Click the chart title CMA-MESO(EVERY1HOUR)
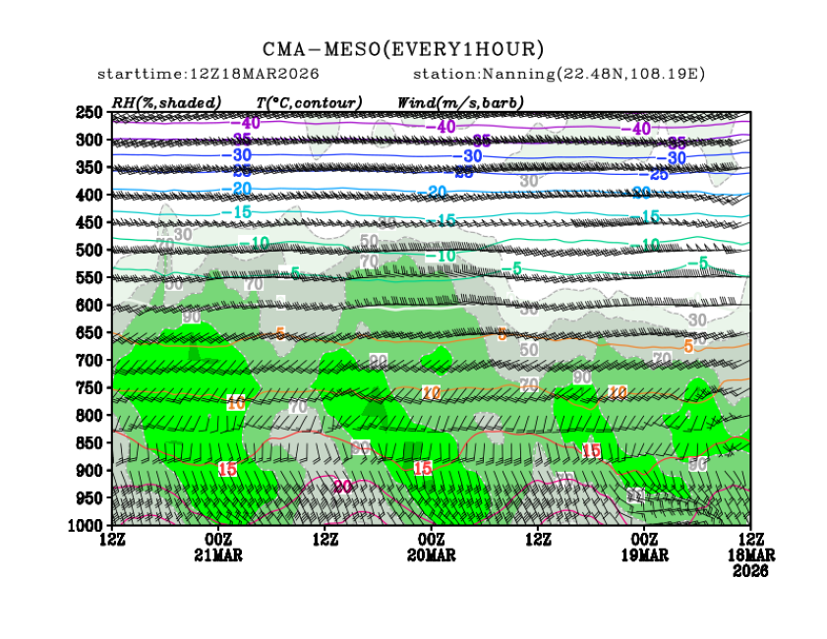coord(403,49)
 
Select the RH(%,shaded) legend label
coord(165,102)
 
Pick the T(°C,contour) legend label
coord(309,102)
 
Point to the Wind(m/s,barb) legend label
coord(460,102)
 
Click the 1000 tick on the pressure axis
coord(87,525)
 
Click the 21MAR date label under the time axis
coord(218,554)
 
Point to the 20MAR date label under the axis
coord(431,554)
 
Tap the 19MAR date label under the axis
coord(644,554)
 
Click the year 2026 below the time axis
coord(750,569)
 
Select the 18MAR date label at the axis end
coord(750,554)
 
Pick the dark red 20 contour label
coord(342,487)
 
